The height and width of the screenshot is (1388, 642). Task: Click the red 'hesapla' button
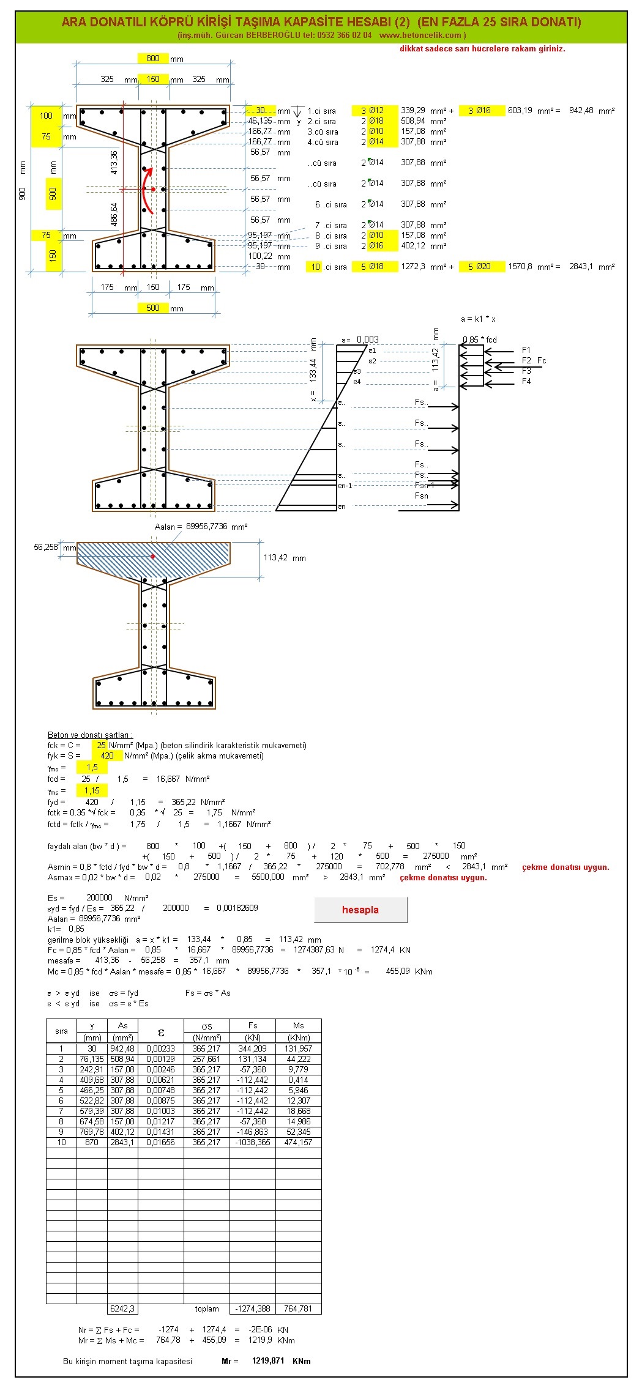[360, 910]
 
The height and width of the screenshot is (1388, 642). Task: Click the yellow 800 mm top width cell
[153, 58]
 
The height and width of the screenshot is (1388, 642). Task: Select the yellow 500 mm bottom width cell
[153, 308]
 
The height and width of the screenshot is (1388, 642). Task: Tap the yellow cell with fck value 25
[100, 745]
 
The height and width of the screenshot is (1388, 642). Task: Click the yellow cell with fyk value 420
[107, 755]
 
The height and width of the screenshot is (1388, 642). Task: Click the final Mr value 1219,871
[268, 1360]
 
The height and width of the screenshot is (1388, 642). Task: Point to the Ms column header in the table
[298, 1025]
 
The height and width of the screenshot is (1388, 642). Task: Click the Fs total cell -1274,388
[253, 1308]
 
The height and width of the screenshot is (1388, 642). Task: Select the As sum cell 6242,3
[122, 1308]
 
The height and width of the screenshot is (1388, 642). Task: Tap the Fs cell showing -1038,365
[253, 1142]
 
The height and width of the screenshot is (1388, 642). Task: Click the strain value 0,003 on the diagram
[367, 340]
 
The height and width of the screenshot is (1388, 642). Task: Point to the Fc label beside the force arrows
[542, 361]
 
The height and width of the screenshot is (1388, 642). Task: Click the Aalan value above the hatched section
[206, 526]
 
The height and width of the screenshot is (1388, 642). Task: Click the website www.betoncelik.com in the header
[420, 35]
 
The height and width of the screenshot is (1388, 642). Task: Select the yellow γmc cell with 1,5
[92, 767]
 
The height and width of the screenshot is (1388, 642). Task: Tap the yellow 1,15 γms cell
[92, 790]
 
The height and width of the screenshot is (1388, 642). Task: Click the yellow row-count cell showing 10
[315, 267]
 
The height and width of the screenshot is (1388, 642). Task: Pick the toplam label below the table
[207, 1308]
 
